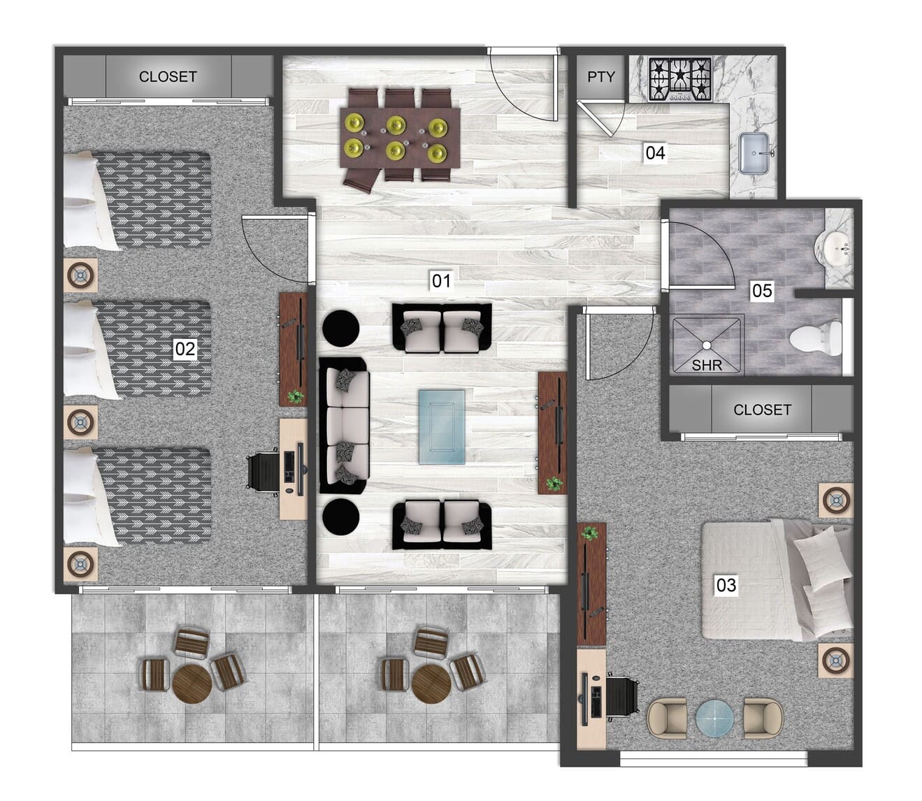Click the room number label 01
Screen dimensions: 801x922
point(441,281)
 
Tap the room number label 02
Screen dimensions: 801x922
point(185,348)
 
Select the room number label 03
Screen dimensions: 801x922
point(726,584)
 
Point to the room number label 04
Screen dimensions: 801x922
point(655,152)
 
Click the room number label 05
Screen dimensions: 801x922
point(762,290)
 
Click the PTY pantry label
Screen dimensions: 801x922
point(600,77)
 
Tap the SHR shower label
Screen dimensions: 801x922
point(707,364)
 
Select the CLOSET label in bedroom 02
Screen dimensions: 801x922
point(168,77)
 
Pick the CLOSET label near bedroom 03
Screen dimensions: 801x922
point(762,410)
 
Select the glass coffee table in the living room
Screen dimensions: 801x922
point(442,427)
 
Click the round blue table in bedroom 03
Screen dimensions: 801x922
point(714,718)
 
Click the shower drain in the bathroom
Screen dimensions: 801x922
point(707,345)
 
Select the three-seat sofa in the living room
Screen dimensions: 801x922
point(344,426)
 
